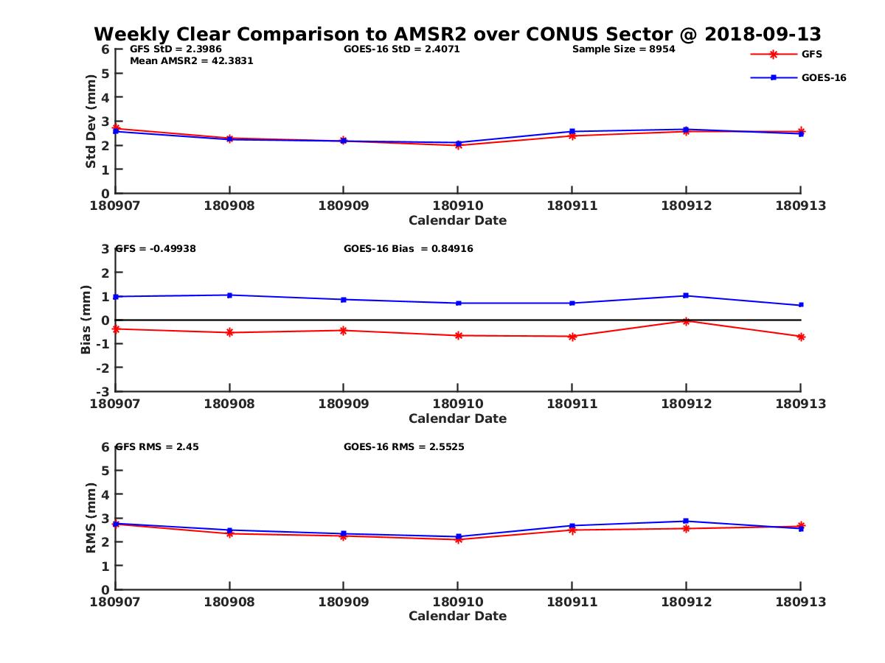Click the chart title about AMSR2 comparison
[x=457, y=35]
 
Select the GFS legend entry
[x=811, y=54]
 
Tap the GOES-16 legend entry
[x=823, y=77]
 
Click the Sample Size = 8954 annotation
[x=623, y=49]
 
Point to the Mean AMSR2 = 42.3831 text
[x=191, y=61]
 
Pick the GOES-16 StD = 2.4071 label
[x=402, y=49]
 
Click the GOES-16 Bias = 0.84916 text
[x=408, y=249]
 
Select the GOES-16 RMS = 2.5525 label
[x=403, y=447]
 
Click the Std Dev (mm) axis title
[x=91, y=121]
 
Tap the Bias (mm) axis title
[x=86, y=319]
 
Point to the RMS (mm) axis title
[x=91, y=517]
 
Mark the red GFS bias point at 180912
[x=686, y=321]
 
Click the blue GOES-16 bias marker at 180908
[x=229, y=295]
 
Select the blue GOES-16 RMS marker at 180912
[x=686, y=521]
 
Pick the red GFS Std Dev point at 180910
[x=458, y=145]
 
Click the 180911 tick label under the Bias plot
[x=572, y=404]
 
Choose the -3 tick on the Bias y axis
[x=105, y=391]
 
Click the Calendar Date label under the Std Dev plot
[x=457, y=220]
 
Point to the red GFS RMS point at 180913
[x=801, y=526]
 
